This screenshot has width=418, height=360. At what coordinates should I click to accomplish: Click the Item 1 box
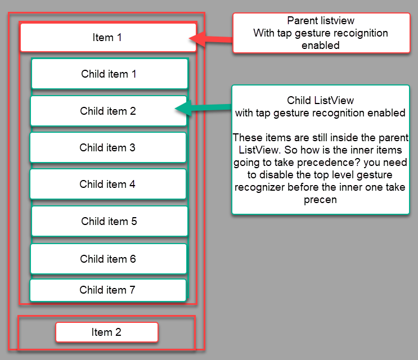click(107, 38)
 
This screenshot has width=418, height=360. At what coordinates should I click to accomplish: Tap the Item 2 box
click(106, 332)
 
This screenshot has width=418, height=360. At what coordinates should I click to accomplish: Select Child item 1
click(109, 74)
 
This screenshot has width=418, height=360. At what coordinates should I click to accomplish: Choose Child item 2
click(108, 111)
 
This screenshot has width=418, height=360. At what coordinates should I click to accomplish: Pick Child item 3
click(107, 147)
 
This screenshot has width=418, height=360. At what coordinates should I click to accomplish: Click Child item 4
click(107, 184)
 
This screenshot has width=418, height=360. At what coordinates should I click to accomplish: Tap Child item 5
click(109, 221)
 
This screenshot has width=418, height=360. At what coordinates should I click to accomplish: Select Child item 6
click(108, 259)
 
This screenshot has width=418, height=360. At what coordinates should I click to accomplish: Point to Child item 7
click(107, 290)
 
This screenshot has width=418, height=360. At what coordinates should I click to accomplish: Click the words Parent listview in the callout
click(321, 21)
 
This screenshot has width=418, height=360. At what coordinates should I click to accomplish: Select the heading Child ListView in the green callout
click(321, 100)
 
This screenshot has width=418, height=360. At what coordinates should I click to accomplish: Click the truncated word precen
click(320, 200)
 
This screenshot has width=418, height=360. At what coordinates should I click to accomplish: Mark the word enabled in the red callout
click(321, 46)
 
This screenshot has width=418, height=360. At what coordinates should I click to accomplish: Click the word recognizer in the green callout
click(260, 187)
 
